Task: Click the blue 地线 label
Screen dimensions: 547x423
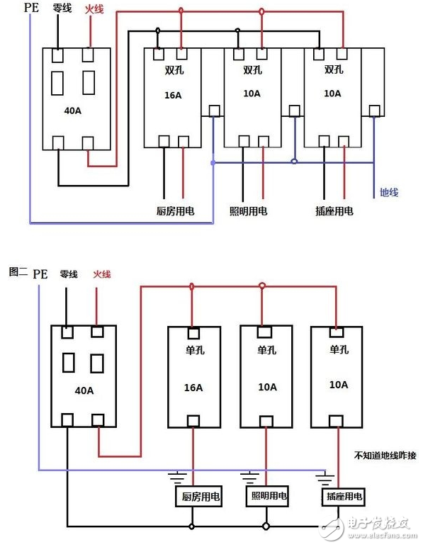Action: pyautogui.click(x=390, y=192)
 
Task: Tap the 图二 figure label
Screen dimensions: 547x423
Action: pyautogui.click(x=17, y=272)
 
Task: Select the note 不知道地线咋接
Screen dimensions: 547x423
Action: pyautogui.click(x=385, y=456)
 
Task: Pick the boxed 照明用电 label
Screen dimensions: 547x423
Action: pyautogui.click(x=268, y=497)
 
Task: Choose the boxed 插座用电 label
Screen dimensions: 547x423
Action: pyautogui.click(x=343, y=497)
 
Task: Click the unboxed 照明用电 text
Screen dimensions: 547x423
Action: pyautogui.click(x=249, y=211)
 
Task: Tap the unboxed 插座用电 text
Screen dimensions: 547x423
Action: pyautogui.click(x=334, y=211)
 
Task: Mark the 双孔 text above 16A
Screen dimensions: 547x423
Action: pyautogui.click(x=172, y=70)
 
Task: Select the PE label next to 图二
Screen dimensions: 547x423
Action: pyautogui.click(x=41, y=273)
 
